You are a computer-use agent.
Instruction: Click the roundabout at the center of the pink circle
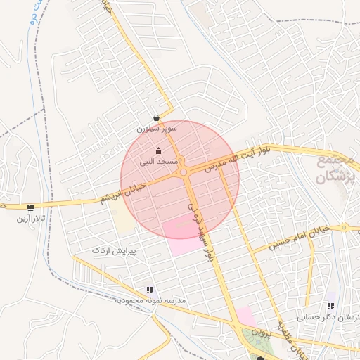[184, 172]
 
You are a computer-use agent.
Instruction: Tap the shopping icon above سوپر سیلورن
[156, 118]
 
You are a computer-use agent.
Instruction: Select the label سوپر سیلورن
[157, 129]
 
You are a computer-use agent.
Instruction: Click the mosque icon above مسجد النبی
[158, 150]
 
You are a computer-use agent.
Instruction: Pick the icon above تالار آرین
[30, 207]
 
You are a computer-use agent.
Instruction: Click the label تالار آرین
[31, 219]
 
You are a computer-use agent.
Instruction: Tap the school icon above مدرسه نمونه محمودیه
[150, 289]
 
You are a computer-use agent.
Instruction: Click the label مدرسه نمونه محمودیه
[150, 300]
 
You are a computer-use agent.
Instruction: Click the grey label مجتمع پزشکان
[331, 169]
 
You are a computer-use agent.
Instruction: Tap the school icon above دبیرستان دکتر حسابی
[330, 307]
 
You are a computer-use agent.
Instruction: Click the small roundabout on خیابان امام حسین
[344, 228]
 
